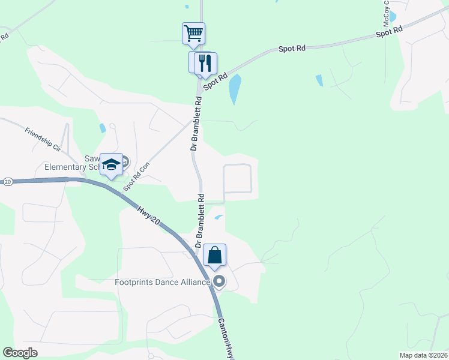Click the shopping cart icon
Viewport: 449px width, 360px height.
[x=193, y=33]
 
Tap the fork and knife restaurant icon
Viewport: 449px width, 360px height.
[x=205, y=62]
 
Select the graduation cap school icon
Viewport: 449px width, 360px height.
[x=111, y=165]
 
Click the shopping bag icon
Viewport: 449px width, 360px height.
[x=214, y=256]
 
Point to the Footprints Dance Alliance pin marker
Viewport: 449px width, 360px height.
[x=219, y=281]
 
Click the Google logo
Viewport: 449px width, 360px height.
[x=20, y=353]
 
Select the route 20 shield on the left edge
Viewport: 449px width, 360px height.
[x=7, y=181]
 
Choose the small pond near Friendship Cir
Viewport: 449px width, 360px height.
[x=103, y=127]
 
